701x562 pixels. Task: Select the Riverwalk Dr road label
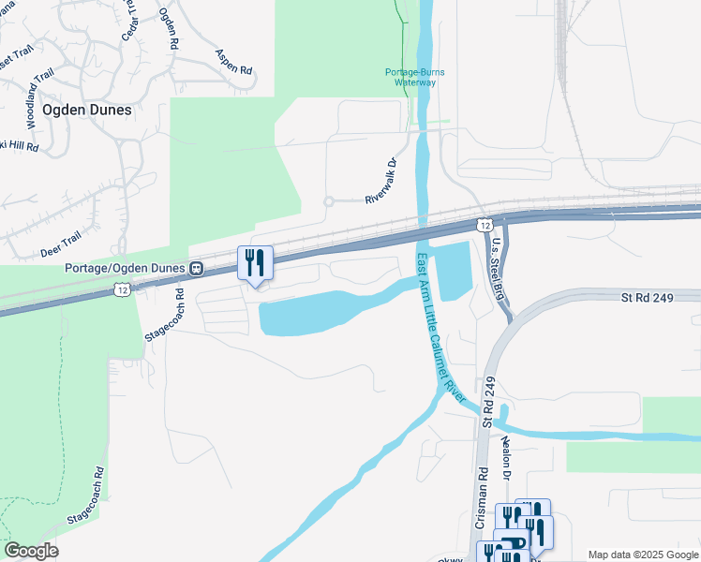[381, 181]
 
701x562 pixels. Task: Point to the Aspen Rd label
[233, 63]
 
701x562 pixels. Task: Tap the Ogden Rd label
[169, 27]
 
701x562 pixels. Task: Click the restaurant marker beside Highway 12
[255, 264]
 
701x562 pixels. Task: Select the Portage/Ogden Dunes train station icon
[197, 269]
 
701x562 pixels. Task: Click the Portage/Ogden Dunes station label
[127, 269]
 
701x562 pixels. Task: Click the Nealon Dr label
[507, 457]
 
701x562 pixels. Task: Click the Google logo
[31, 551]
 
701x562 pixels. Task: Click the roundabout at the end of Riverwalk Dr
[329, 201]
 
